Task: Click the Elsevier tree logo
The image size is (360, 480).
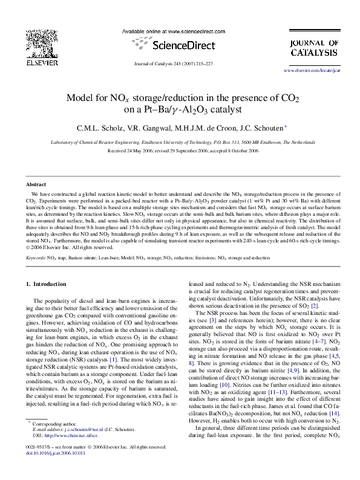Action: (41, 45)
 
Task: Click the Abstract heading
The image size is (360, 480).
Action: (37, 184)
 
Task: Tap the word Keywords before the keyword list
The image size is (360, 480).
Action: (37, 258)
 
